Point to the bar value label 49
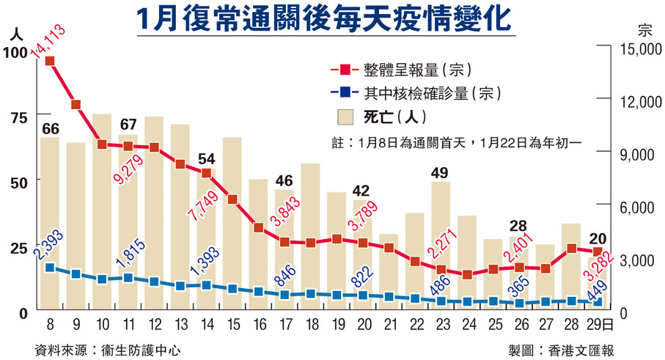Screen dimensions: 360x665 point(441,173)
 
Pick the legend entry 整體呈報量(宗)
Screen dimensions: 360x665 point(418,70)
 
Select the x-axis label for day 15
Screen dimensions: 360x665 point(232,325)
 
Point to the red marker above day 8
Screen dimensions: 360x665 point(50,61)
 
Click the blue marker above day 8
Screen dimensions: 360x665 point(50,268)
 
